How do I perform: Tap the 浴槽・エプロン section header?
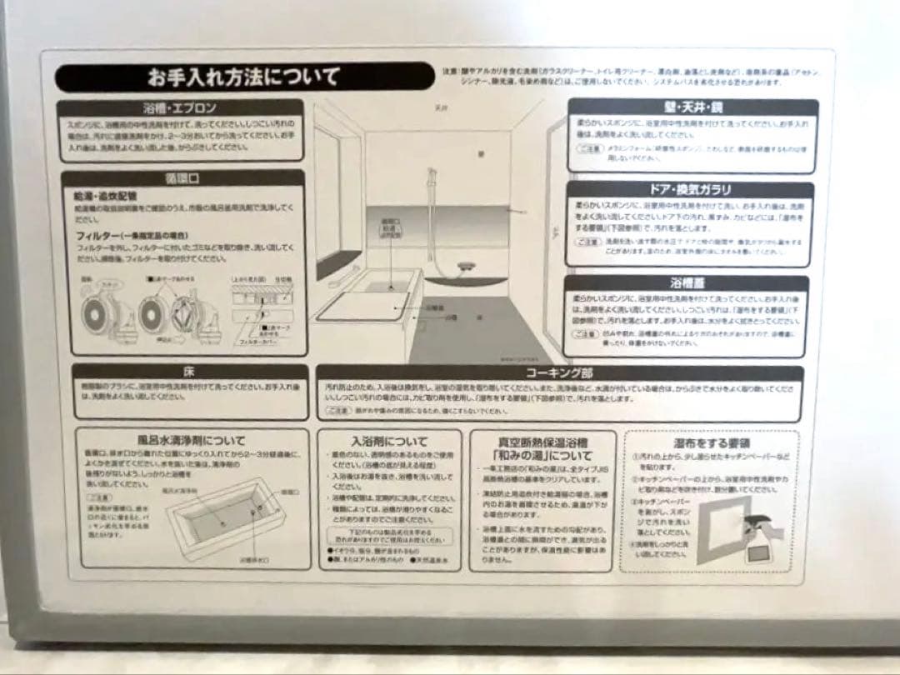pos(181,108)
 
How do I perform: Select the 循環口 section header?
pos(182,178)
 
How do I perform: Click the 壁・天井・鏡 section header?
pos(692,107)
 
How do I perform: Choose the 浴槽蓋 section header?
pos(690,283)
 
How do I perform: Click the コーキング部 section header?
pos(559,372)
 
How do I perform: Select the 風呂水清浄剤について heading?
pos(192,440)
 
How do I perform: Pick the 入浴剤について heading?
pos(389,441)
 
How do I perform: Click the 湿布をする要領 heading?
pos(710,442)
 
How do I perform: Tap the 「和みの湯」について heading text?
pos(542,457)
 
